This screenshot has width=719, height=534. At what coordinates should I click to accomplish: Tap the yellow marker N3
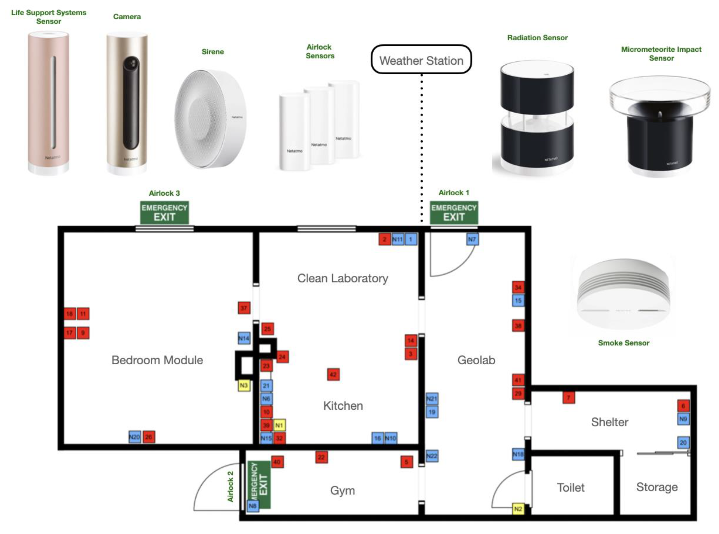tap(244, 385)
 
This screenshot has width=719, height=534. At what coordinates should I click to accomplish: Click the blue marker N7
tap(472, 240)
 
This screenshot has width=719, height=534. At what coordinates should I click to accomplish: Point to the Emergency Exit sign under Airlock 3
tap(164, 213)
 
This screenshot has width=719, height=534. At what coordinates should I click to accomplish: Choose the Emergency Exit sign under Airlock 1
tap(454, 213)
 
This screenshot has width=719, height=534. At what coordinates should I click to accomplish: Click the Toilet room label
tap(571, 487)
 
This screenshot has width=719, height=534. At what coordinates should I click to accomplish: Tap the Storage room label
tap(657, 487)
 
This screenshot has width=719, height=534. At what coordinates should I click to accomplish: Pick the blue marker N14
tap(244, 338)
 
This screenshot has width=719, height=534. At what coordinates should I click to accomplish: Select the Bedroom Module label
tap(157, 360)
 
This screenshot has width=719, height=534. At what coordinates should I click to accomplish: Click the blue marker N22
tap(432, 456)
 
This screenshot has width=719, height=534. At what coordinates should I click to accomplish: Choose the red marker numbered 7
tap(568, 397)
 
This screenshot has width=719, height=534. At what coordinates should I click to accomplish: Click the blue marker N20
tap(135, 437)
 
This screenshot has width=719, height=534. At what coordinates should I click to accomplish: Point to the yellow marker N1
tap(279, 425)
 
